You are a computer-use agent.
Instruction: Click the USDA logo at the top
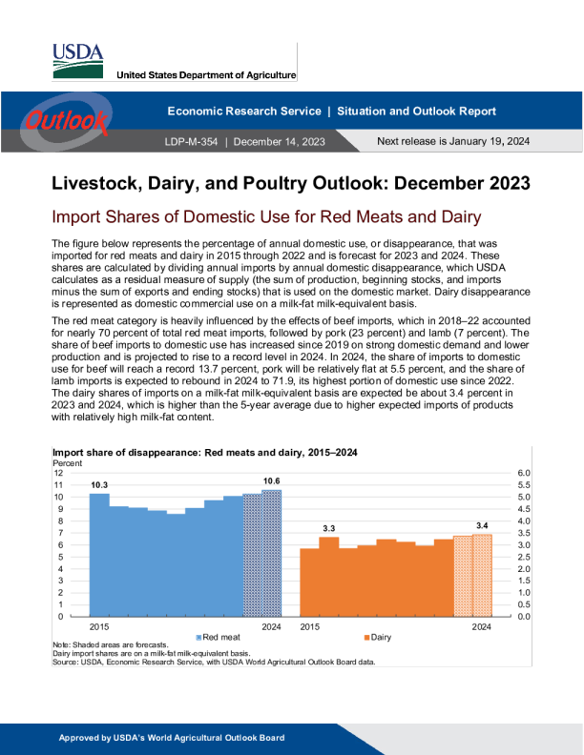78,61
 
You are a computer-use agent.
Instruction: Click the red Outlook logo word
67,121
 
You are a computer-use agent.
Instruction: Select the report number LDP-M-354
192,141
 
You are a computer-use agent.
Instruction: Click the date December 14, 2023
279,141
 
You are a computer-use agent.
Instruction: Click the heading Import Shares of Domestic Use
267,217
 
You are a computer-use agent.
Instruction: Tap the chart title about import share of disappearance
205,452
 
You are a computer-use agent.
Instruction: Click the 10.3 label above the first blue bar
99,485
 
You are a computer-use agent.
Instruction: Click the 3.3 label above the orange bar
328,528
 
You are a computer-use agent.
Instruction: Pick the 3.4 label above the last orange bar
482,525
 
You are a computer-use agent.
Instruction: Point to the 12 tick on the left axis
59,473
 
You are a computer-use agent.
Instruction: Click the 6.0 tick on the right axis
510,473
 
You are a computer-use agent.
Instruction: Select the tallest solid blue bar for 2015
99,554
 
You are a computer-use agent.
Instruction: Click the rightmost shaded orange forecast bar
482,575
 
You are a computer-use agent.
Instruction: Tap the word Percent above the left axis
67,462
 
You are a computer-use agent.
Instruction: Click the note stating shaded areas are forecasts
110,645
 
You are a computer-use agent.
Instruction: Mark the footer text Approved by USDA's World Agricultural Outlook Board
172,738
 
